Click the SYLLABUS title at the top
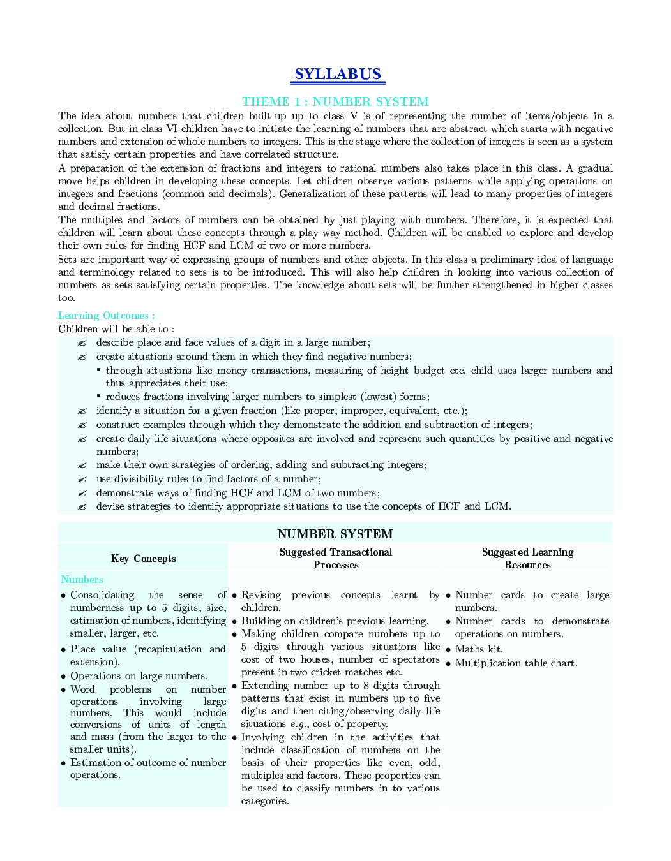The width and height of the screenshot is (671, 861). (338, 75)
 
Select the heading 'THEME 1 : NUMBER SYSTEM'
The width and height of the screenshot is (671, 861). (335, 101)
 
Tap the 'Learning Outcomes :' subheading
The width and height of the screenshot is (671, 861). (106, 315)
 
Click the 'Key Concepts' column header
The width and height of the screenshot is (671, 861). (143, 559)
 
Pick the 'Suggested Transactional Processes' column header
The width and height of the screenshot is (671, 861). (336, 559)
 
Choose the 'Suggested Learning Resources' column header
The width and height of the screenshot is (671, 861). (527, 559)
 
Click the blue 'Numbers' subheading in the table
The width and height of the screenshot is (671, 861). (82, 579)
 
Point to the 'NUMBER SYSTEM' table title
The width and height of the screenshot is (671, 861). (335, 534)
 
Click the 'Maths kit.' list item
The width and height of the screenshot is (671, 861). (478, 649)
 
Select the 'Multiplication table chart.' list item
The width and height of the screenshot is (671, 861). (516, 663)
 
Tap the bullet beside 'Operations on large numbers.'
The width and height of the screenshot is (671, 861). (63, 676)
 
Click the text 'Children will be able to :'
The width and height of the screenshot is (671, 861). (116, 329)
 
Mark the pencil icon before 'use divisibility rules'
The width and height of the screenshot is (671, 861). (82, 480)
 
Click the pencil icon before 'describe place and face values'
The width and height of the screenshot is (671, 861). (82, 343)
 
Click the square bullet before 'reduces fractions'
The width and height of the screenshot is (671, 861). (98, 397)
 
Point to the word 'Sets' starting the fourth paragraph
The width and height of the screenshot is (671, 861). (67, 260)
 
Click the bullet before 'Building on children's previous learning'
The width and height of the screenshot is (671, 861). (234, 621)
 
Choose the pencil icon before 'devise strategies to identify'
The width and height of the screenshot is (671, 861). (82, 507)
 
